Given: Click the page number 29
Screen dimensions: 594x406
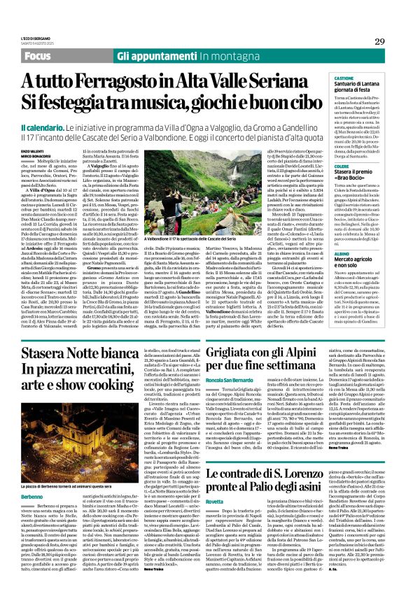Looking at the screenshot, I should coord(379,42).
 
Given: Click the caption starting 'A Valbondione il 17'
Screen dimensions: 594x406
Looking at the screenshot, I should coord(211,239).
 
